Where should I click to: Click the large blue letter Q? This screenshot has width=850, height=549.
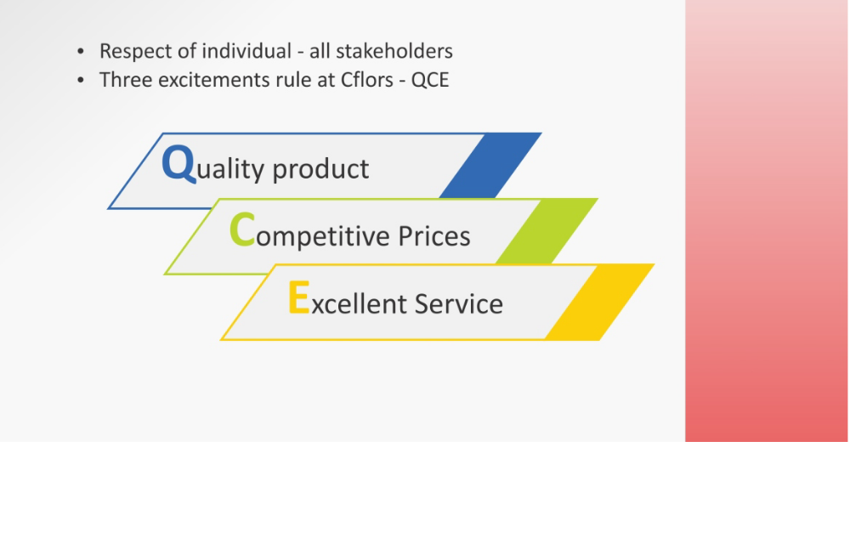pos(178,164)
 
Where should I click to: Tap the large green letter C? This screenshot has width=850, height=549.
pos(241,229)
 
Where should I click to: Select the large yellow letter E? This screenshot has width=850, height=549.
pos(298,297)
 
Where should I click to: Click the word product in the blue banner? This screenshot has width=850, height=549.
pos(320,169)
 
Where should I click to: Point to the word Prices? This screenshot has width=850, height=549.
pos(434,236)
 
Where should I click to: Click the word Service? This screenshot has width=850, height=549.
pos(459,303)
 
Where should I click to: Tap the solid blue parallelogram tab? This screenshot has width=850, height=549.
pos(490,166)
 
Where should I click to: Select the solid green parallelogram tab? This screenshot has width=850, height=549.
pos(547,231)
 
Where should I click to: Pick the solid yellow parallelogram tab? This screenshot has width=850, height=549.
pos(599,303)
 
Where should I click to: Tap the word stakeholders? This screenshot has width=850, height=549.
pos(394,52)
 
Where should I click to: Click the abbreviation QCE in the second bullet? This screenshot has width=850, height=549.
pos(430,80)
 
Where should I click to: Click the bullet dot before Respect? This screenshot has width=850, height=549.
pos(81,52)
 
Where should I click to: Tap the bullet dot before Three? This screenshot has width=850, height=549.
pos(81,80)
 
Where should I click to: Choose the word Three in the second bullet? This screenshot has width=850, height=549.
pos(126,80)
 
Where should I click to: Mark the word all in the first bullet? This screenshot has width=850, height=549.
pos(320,51)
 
